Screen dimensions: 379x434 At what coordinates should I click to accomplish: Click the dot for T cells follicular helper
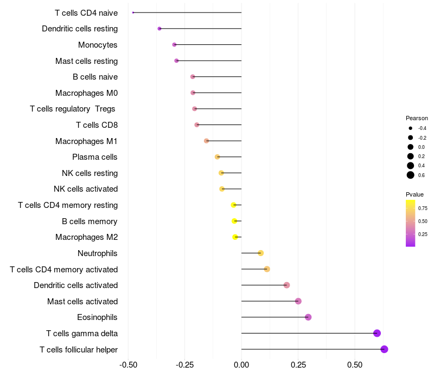(384, 349)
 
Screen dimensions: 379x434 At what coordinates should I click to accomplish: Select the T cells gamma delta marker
(377, 334)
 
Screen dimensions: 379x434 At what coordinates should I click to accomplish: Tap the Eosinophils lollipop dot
(308, 317)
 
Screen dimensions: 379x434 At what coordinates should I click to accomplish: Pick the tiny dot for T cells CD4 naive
(133, 12)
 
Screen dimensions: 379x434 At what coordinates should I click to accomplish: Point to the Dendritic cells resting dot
(159, 29)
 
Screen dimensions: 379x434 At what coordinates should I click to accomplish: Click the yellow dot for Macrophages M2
(235, 237)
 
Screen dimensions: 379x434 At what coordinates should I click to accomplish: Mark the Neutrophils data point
(261, 253)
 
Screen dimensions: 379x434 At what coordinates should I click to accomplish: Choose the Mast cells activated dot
(298, 301)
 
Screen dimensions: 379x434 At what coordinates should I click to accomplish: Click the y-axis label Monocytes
(98, 45)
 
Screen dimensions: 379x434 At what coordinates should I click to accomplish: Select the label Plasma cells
(95, 157)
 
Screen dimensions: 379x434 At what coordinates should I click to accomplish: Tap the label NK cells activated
(86, 189)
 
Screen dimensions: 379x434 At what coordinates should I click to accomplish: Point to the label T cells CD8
(97, 125)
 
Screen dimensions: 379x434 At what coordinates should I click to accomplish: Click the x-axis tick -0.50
(128, 365)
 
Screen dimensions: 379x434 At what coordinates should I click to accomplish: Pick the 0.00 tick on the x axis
(241, 365)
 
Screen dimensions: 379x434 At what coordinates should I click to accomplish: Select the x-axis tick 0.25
(298, 365)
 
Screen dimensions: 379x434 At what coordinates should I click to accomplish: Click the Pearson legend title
(417, 118)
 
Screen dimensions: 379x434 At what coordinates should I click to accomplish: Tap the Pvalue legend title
(414, 194)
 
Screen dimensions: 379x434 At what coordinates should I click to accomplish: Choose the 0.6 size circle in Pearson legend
(411, 175)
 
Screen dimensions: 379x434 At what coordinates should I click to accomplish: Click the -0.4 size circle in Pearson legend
(411, 128)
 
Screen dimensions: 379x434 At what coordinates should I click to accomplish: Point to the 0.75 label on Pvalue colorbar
(423, 208)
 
